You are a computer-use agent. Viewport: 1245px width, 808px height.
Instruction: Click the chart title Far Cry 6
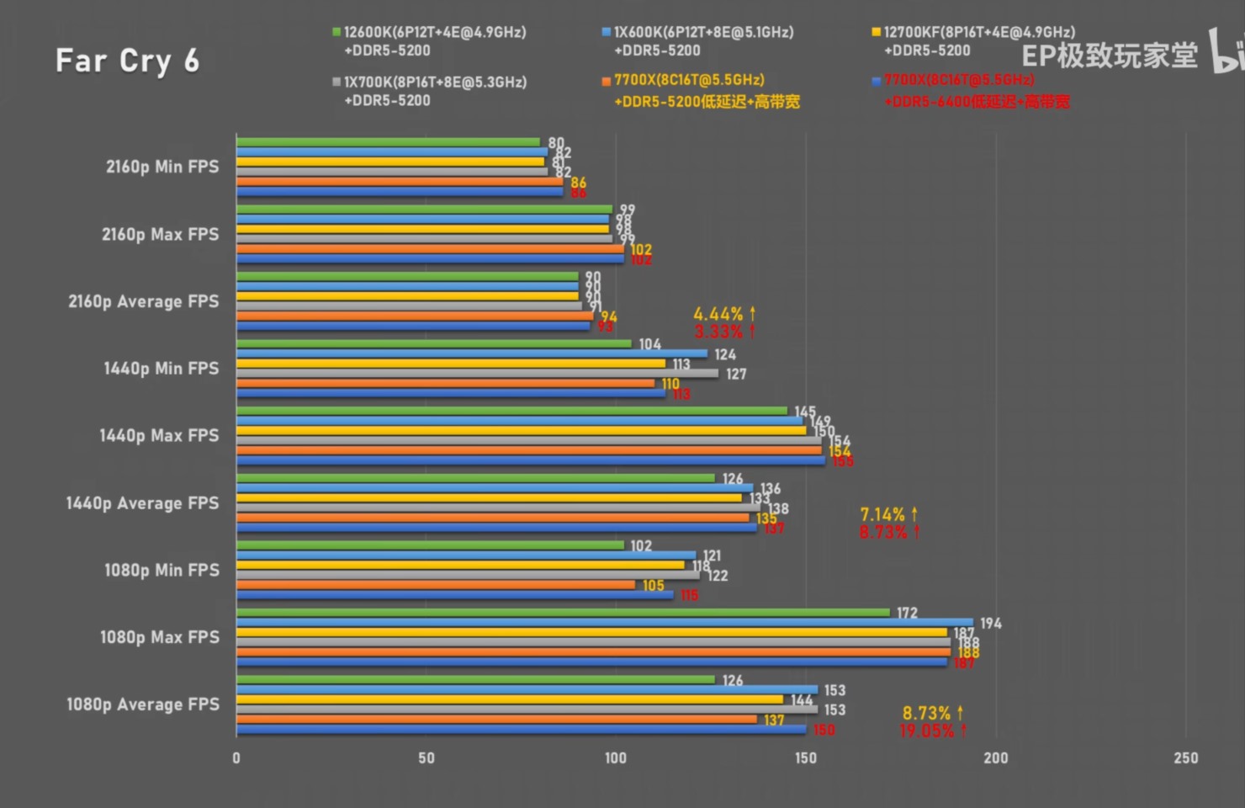tap(127, 61)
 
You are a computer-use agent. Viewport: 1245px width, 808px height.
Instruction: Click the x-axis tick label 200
tap(995, 757)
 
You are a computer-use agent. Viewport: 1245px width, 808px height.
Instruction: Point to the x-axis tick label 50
tap(426, 757)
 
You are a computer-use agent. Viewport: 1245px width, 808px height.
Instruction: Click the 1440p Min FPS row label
tap(161, 369)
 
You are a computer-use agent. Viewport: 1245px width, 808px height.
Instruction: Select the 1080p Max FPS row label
tap(159, 637)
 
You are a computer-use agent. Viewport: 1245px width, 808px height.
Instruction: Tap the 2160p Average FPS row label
tap(143, 301)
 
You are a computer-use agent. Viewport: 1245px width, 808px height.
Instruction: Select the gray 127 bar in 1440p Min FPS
tap(477, 373)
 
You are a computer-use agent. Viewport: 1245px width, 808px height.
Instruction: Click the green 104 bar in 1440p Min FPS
tap(433, 343)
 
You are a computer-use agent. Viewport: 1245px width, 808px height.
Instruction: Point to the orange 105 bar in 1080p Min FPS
tap(435, 585)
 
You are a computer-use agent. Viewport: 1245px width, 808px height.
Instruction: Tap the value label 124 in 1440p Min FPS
tap(725, 354)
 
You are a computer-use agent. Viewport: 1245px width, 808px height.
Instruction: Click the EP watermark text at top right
tap(1109, 56)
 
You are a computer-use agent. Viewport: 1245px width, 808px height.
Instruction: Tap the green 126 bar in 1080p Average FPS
tap(475, 680)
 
